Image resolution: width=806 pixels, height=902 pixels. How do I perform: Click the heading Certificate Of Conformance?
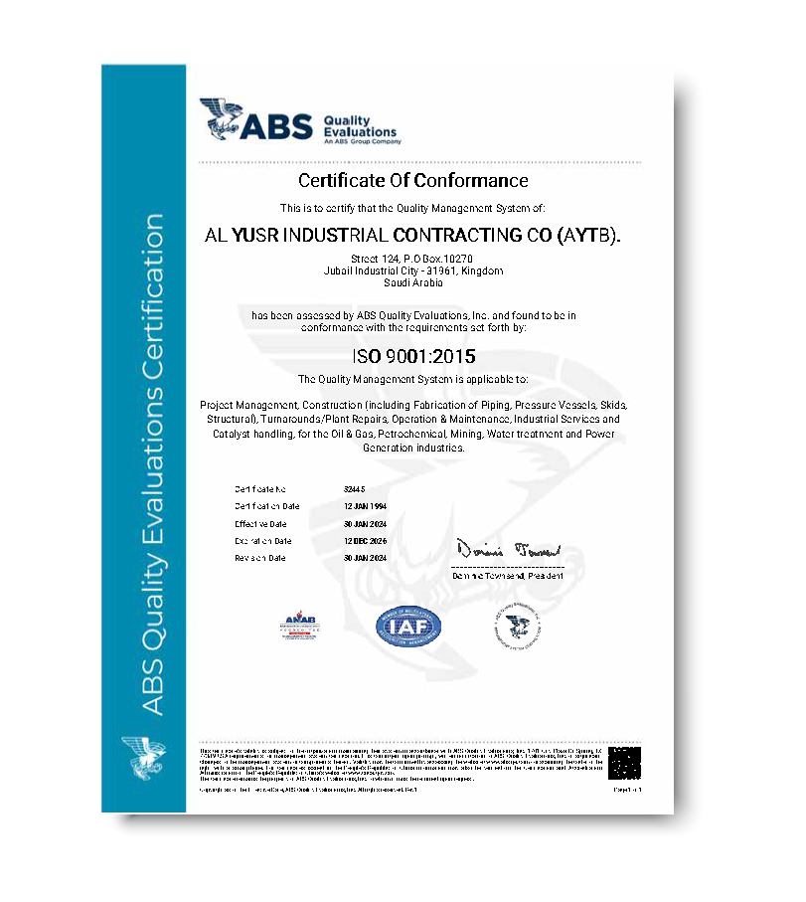click(x=413, y=181)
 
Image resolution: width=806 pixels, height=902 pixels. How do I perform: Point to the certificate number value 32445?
click(x=352, y=490)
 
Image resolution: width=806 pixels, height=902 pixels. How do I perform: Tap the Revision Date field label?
click(x=260, y=558)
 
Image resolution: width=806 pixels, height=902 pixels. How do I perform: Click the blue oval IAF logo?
click(x=408, y=626)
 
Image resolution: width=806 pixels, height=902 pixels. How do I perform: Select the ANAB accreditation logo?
click(x=299, y=627)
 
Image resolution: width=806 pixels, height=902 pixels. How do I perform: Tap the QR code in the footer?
click(x=626, y=764)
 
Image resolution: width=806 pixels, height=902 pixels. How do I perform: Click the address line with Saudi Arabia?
click(x=413, y=282)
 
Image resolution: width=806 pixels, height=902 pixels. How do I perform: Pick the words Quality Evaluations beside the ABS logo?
click(x=360, y=126)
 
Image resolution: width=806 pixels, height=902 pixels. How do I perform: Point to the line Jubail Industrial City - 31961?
click(x=413, y=271)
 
